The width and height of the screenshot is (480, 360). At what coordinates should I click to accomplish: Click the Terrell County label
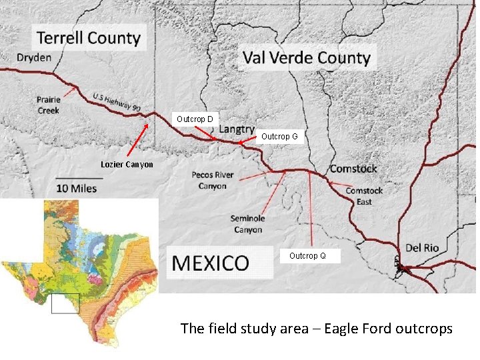pos(89,37)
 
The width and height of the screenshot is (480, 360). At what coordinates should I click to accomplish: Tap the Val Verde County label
pos(306,57)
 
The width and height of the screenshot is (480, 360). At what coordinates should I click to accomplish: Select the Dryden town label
pos(34,57)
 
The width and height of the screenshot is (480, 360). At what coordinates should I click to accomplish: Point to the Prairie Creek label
pos(49,105)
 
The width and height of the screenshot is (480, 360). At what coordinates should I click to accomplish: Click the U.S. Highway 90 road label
pos(117,102)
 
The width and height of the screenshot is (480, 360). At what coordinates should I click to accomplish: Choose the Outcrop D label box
pos(195,119)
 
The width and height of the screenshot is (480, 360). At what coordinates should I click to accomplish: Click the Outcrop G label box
pos(279,136)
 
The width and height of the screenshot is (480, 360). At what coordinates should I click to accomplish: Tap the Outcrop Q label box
pos(307,256)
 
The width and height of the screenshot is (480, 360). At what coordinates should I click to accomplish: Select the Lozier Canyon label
pos(127,165)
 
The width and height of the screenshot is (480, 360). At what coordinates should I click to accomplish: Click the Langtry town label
pos(236,129)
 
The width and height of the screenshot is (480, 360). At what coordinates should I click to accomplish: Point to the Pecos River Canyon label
pos(213,181)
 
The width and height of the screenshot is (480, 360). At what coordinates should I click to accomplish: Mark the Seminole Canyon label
pos(247,224)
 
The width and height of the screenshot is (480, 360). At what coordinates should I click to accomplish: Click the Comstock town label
pos(353,169)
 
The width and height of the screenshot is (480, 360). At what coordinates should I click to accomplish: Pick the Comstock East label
pos(364,196)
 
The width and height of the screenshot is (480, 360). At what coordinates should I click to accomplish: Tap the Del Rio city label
pos(422,248)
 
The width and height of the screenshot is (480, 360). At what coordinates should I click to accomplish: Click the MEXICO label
pos(211,262)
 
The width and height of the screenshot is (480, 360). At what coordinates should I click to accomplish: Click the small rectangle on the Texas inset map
pos(65,303)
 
